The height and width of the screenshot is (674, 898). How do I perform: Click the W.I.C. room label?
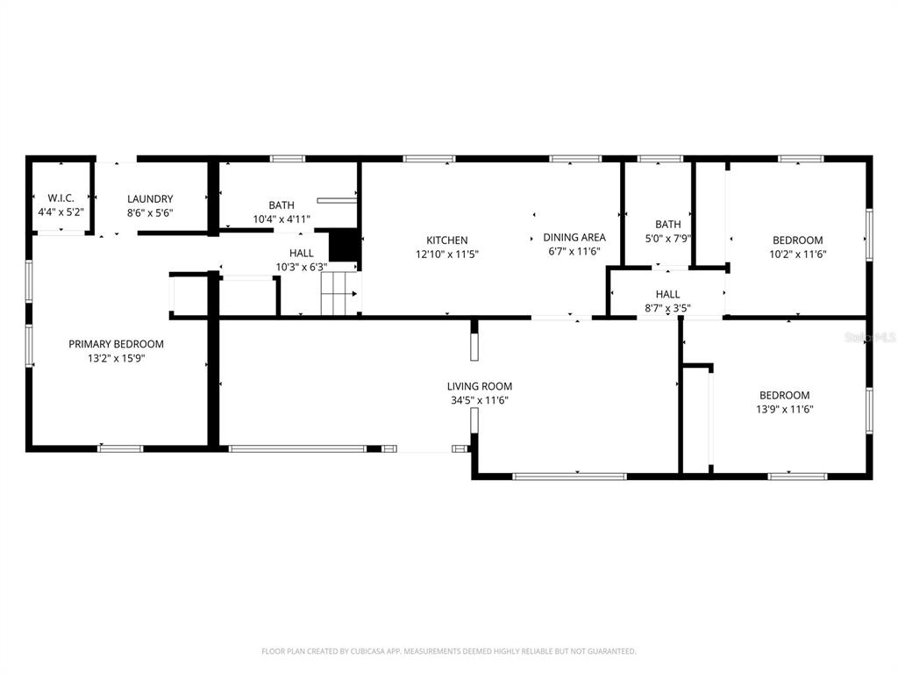(x=61, y=198)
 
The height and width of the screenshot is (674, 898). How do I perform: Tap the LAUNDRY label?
(x=150, y=199)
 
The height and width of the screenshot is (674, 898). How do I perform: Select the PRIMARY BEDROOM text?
(x=117, y=344)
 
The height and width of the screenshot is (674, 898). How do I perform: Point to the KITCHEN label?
(x=446, y=240)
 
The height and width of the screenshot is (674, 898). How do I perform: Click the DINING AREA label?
(x=574, y=237)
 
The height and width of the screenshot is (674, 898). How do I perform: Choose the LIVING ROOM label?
(x=480, y=386)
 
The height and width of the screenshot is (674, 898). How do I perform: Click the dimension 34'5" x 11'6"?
(x=480, y=400)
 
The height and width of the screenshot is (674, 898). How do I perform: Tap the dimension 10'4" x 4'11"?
(x=282, y=219)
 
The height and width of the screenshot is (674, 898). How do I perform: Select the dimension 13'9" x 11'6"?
(x=785, y=409)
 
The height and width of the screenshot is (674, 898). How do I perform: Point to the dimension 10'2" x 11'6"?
(x=798, y=254)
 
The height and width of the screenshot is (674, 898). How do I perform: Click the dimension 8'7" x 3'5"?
(x=667, y=308)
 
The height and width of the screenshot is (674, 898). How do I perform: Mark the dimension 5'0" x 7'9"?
(x=667, y=238)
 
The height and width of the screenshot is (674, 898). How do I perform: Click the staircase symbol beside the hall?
(x=339, y=293)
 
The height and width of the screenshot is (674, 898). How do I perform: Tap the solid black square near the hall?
(x=344, y=246)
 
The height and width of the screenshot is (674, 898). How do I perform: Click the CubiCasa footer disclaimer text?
(x=449, y=651)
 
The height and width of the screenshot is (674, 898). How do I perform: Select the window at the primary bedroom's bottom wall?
(x=119, y=448)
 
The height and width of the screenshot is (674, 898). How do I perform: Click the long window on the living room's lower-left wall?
(x=296, y=448)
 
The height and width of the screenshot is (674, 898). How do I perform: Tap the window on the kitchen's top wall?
(x=429, y=159)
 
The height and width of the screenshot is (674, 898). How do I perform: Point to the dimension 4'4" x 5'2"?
(x=61, y=212)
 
